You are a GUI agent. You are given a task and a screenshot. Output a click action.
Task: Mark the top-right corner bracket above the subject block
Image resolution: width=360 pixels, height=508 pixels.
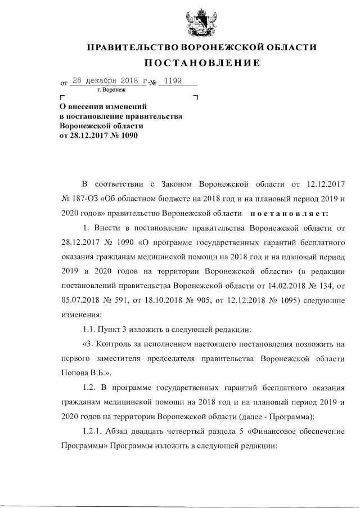[x=195, y=98]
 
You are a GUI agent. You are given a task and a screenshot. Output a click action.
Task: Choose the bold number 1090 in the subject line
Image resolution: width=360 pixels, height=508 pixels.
[x=127, y=136]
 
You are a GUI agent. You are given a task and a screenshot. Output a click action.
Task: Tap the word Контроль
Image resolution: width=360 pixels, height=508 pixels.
[x=115, y=343]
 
